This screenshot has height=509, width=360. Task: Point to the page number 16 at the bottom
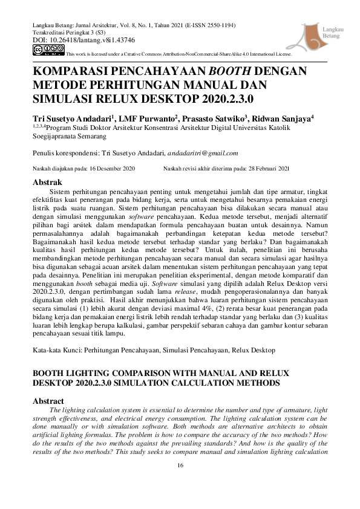(x=180, y=465)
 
